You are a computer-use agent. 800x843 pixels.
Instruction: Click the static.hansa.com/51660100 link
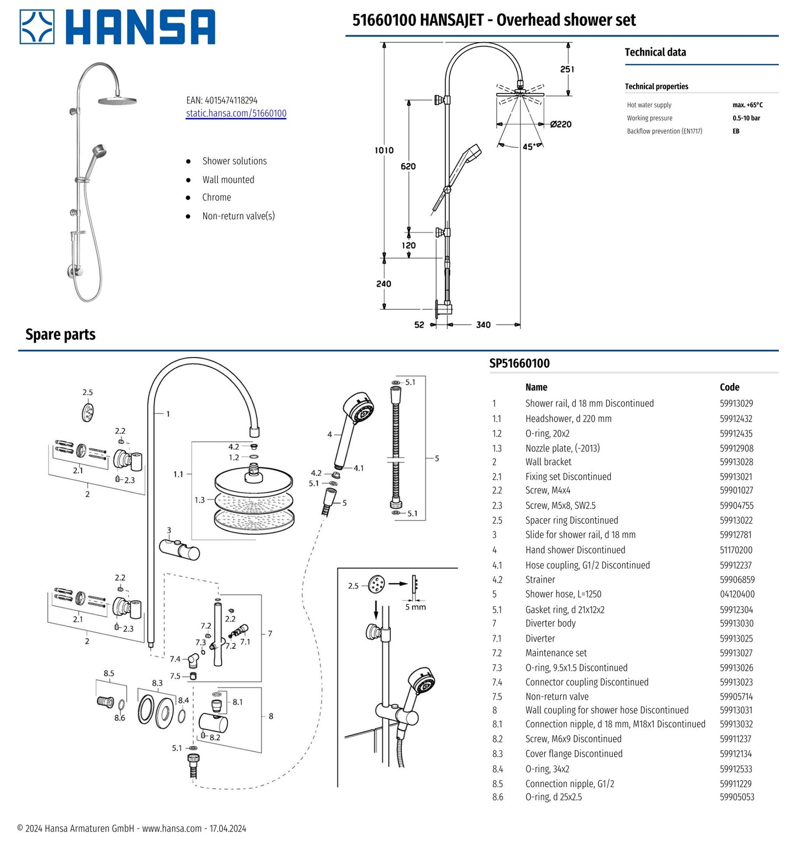pos(236,113)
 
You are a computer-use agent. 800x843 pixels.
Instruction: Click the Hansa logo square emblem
pos(37,27)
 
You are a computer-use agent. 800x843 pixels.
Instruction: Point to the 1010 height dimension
pos(384,150)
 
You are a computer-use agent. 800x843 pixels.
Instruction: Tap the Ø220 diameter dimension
pos(560,125)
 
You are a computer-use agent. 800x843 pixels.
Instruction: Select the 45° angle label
pos(529,147)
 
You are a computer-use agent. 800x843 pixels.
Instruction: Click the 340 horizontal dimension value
pos(483,325)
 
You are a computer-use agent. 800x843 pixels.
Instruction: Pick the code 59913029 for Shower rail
pos(736,404)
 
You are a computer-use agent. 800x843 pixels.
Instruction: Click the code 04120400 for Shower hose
pos(737,594)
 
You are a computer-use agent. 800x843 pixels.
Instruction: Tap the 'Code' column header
pos(729,387)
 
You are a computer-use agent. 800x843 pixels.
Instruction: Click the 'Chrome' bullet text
pos(216,198)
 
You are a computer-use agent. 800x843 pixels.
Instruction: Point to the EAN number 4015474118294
pos(231,100)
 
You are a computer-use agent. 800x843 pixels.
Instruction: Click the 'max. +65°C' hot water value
pos(747,105)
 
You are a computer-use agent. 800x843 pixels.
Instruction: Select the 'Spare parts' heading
pos(60,334)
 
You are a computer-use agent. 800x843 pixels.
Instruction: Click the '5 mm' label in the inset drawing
pos(415,607)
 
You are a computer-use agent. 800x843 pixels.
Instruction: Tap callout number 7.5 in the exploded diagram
pos(175,676)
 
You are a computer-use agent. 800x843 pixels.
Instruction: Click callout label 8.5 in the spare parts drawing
pos(109,673)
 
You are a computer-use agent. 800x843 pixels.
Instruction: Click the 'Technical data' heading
pos(655,52)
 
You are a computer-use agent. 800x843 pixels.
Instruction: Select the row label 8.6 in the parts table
pos(498,797)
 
